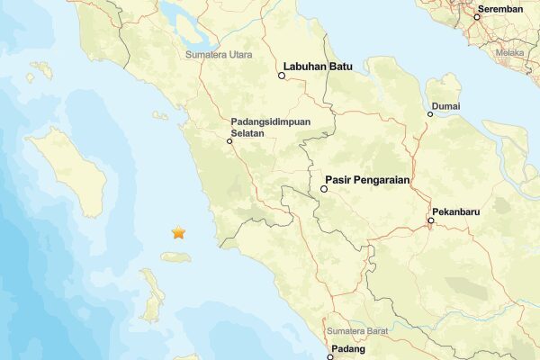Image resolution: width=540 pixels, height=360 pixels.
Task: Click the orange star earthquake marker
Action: (x=178, y=233)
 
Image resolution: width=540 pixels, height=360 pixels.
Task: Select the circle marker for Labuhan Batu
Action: (x=282, y=76)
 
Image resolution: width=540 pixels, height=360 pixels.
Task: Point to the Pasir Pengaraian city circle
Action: (x=324, y=189)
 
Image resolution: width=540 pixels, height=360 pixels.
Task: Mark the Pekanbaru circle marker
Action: (x=431, y=220)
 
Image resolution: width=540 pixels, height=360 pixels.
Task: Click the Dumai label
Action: (x=445, y=105)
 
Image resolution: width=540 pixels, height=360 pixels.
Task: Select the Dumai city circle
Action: (x=430, y=114)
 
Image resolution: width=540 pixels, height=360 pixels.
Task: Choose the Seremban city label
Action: (x=500, y=8)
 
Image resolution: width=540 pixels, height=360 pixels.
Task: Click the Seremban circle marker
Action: (x=477, y=17)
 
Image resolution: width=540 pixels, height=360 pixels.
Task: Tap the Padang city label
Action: (x=348, y=347)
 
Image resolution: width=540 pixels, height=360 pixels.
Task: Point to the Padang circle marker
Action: (x=330, y=357)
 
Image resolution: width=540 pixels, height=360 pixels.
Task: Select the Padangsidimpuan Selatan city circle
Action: (x=229, y=139)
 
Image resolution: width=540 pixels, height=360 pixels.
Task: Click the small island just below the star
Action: (x=176, y=257)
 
